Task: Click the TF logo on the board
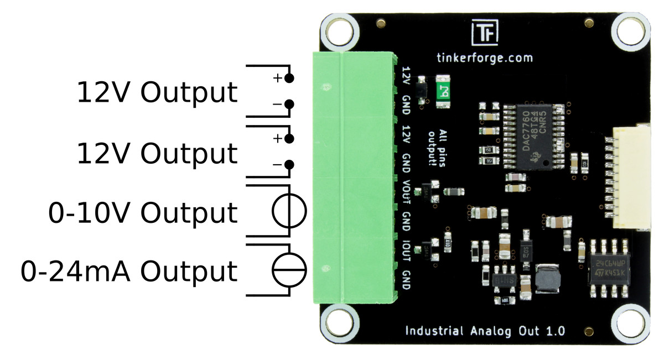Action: pos(484,33)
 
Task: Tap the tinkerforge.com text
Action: pos(484,58)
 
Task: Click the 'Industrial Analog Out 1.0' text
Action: pos(485,331)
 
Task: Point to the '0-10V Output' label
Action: pos(143,213)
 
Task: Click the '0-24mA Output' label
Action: pos(129,272)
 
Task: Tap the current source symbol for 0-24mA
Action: pos(288,270)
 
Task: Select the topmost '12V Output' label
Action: pos(157,93)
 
